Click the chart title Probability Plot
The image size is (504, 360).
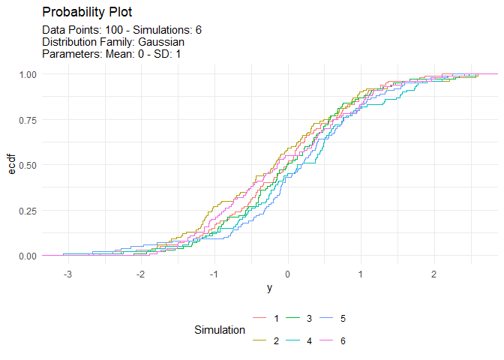pyautogui.click(x=87, y=13)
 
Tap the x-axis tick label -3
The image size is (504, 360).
pyautogui.click(x=67, y=274)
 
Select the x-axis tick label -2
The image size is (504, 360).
pyautogui.click(x=140, y=274)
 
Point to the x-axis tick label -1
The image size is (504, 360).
pyautogui.click(x=213, y=274)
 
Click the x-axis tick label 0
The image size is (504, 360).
pyautogui.click(x=287, y=274)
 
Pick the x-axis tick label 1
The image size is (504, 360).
pyautogui.click(x=360, y=274)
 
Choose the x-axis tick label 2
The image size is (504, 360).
pyautogui.click(x=433, y=274)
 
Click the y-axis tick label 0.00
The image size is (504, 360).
pyautogui.click(x=27, y=256)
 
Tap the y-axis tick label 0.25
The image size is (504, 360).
pyautogui.click(x=27, y=211)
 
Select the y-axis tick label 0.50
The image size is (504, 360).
pyautogui.click(x=27, y=165)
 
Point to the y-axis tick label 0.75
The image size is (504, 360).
pyautogui.click(x=27, y=120)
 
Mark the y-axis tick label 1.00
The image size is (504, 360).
pyautogui.click(x=27, y=74)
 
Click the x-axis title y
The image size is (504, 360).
pyautogui.click(x=269, y=289)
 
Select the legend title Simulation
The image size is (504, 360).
pyautogui.click(x=219, y=330)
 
